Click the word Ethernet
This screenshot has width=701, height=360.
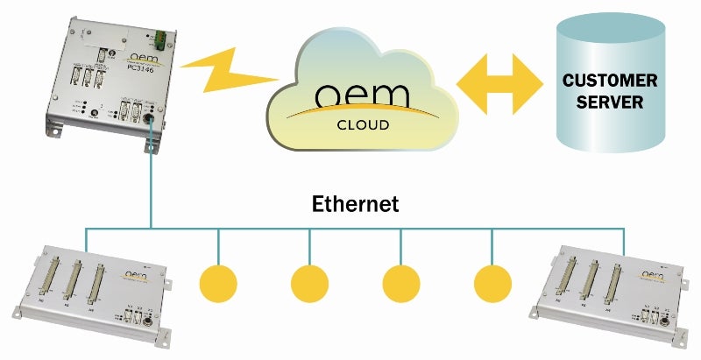point(355,204)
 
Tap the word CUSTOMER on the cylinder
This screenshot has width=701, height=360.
point(610,81)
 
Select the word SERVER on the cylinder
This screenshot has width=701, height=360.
point(610,102)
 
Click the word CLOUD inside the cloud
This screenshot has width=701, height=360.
point(363,124)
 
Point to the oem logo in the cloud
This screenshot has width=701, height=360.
point(363,95)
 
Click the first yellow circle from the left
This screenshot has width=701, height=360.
point(218,282)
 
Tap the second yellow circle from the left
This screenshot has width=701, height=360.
point(309,282)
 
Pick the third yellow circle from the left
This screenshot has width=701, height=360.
point(401,282)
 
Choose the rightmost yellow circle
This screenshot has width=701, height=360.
point(492,282)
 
